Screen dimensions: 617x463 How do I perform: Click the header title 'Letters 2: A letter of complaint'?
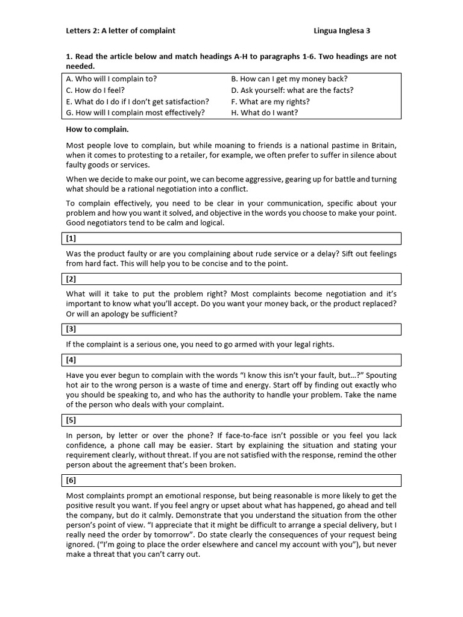click(x=121, y=30)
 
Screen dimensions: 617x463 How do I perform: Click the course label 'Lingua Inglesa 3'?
click(x=347, y=30)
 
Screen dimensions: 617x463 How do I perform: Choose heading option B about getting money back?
click(x=289, y=78)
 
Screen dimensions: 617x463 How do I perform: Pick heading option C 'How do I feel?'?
click(x=96, y=90)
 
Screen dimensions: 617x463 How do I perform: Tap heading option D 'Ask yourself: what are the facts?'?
click(x=292, y=90)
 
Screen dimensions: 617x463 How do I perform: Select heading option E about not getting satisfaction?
click(x=138, y=101)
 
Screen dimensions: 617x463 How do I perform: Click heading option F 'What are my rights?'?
click(x=271, y=101)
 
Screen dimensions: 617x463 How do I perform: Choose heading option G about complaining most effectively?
click(x=136, y=112)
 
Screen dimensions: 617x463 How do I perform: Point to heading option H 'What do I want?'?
click(x=265, y=112)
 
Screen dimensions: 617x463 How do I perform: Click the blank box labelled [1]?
click(x=233, y=239)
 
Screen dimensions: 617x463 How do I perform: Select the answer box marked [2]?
click(x=233, y=279)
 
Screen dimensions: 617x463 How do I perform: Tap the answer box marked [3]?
click(x=233, y=329)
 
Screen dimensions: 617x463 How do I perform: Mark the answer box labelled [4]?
click(x=233, y=360)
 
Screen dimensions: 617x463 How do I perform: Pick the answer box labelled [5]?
click(x=233, y=420)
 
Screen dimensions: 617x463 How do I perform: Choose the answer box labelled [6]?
click(x=233, y=480)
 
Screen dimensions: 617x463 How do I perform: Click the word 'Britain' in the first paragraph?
click(x=382, y=145)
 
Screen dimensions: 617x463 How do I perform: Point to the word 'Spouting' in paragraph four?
click(x=382, y=375)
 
